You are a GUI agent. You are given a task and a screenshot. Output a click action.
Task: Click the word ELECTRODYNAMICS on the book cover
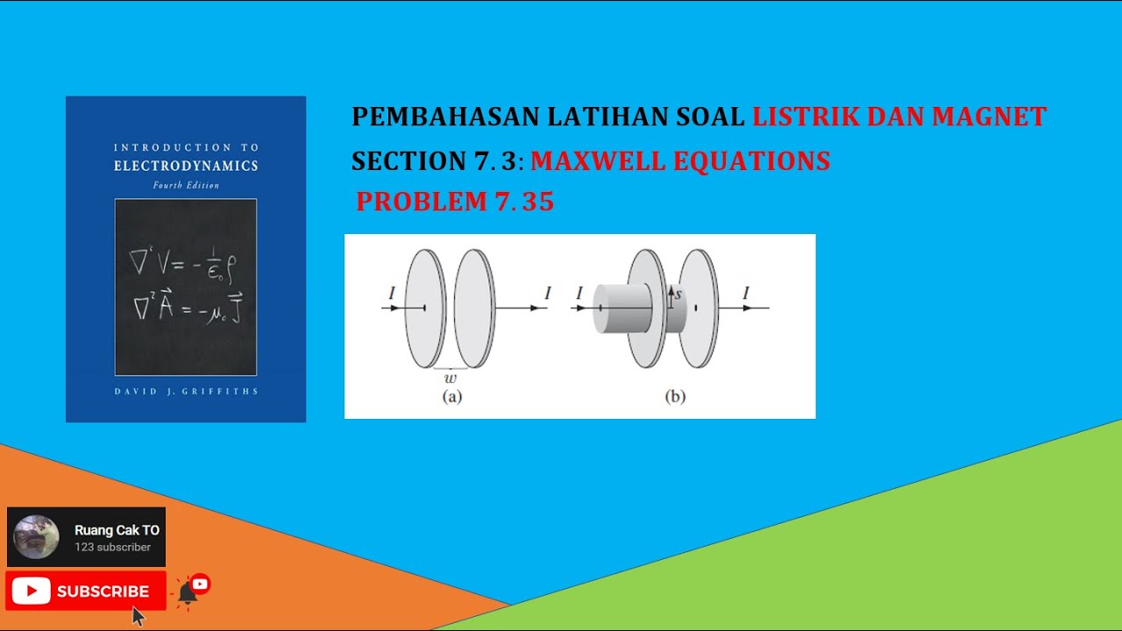click(x=185, y=166)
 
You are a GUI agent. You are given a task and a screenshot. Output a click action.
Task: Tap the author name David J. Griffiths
click(x=186, y=391)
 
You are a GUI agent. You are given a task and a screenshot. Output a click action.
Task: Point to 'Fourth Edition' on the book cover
click(x=186, y=186)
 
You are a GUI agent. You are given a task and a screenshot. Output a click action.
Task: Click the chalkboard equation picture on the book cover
click(x=186, y=287)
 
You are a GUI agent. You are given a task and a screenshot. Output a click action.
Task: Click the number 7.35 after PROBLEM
click(x=524, y=202)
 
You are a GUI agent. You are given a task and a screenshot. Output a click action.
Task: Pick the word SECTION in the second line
click(x=398, y=161)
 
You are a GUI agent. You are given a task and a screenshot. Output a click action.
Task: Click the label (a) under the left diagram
click(x=451, y=396)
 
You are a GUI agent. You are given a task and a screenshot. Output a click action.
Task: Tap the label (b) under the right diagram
click(x=675, y=396)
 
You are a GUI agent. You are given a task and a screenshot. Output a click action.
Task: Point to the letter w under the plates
click(x=451, y=379)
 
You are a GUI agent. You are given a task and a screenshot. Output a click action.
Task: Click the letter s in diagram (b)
click(x=678, y=294)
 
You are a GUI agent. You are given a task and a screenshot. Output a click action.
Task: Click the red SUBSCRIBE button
click(x=86, y=592)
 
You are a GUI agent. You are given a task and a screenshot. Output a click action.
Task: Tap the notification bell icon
click(x=188, y=592)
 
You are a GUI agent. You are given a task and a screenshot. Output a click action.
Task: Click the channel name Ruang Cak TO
click(x=117, y=530)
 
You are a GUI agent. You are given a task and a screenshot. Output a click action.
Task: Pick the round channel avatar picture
click(x=37, y=537)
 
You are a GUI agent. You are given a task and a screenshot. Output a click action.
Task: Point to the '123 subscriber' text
click(x=112, y=547)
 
